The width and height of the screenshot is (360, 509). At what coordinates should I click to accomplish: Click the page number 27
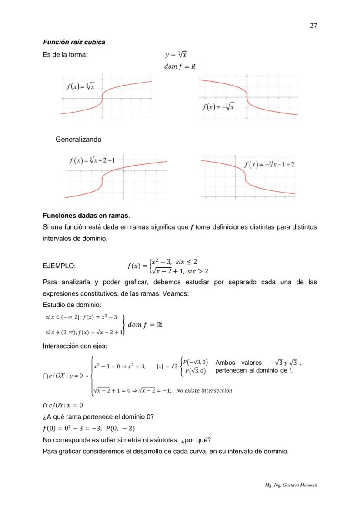click(313, 26)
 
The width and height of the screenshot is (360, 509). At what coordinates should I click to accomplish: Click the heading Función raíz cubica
click(74, 42)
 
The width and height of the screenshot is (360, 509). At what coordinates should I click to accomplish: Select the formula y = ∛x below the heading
click(176, 55)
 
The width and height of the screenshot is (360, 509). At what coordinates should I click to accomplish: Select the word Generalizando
click(78, 140)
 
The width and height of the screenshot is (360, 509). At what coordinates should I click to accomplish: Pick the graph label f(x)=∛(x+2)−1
click(92, 160)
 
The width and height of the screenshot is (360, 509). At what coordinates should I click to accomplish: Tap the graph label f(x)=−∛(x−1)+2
click(270, 164)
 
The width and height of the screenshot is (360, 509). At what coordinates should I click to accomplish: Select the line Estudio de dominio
click(72, 305)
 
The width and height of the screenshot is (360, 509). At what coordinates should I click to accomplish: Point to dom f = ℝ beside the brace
click(145, 325)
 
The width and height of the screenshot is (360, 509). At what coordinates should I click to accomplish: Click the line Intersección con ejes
click(75, 346)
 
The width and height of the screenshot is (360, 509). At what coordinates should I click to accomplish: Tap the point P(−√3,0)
click(195, 362)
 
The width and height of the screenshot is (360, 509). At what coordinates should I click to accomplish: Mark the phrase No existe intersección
click(204, 390)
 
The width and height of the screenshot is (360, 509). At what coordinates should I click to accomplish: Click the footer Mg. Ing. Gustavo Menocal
click(291, 485)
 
